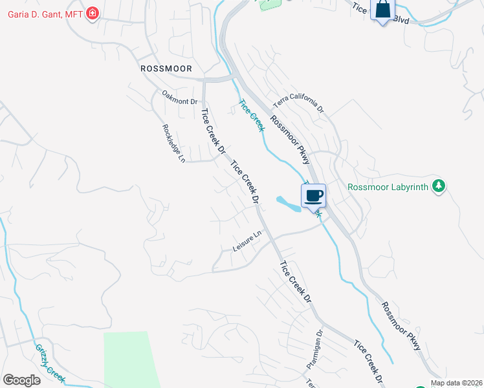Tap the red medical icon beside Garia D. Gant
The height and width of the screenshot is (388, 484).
93,12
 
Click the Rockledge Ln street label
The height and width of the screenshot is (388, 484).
173,143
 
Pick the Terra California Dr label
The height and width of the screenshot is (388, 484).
298,103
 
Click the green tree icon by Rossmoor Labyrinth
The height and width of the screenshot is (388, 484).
439,186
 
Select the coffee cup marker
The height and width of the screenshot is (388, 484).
314,195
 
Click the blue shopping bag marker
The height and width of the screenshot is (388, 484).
383,10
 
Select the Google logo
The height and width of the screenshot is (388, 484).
21,380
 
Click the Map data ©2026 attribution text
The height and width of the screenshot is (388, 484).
456,383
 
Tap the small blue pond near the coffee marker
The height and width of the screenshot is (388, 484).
287,204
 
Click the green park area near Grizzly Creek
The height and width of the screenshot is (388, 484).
129,359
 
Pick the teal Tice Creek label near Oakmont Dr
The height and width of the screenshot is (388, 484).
251,115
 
